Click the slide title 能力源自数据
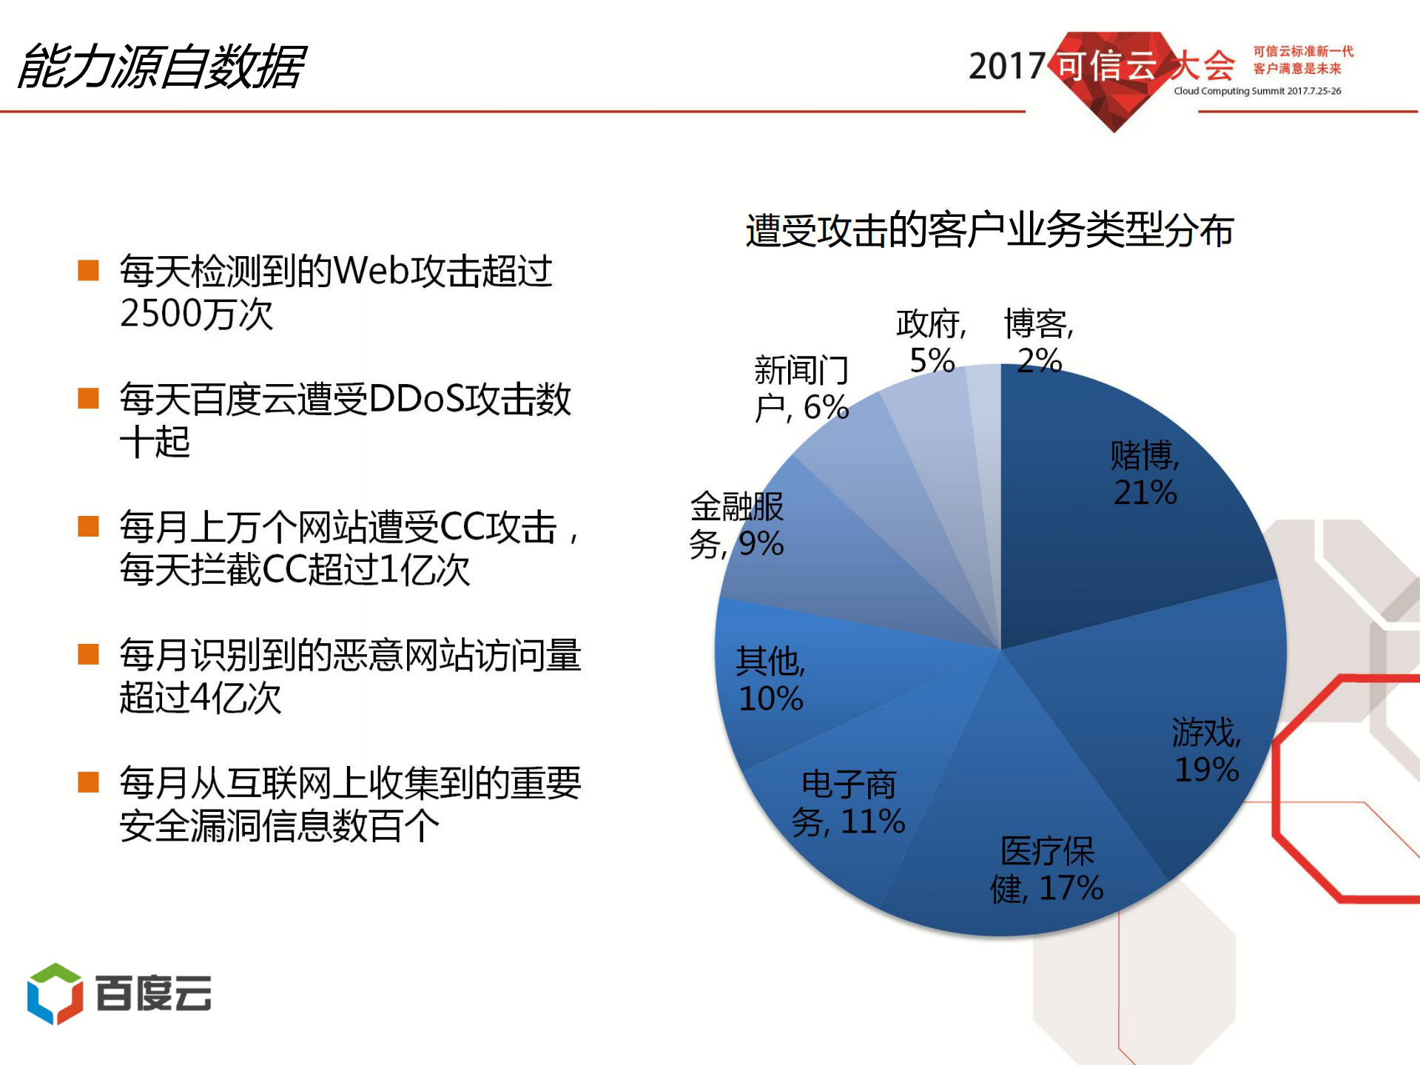161,67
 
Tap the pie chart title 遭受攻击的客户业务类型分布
989,230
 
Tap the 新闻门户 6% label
801,389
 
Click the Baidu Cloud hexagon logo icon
55,993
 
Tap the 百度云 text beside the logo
154,993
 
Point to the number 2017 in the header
1006,67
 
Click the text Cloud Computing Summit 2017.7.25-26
1257,91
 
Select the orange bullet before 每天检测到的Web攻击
89,270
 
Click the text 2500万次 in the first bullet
197,314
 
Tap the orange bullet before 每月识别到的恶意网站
89,654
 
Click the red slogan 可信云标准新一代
1303,51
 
